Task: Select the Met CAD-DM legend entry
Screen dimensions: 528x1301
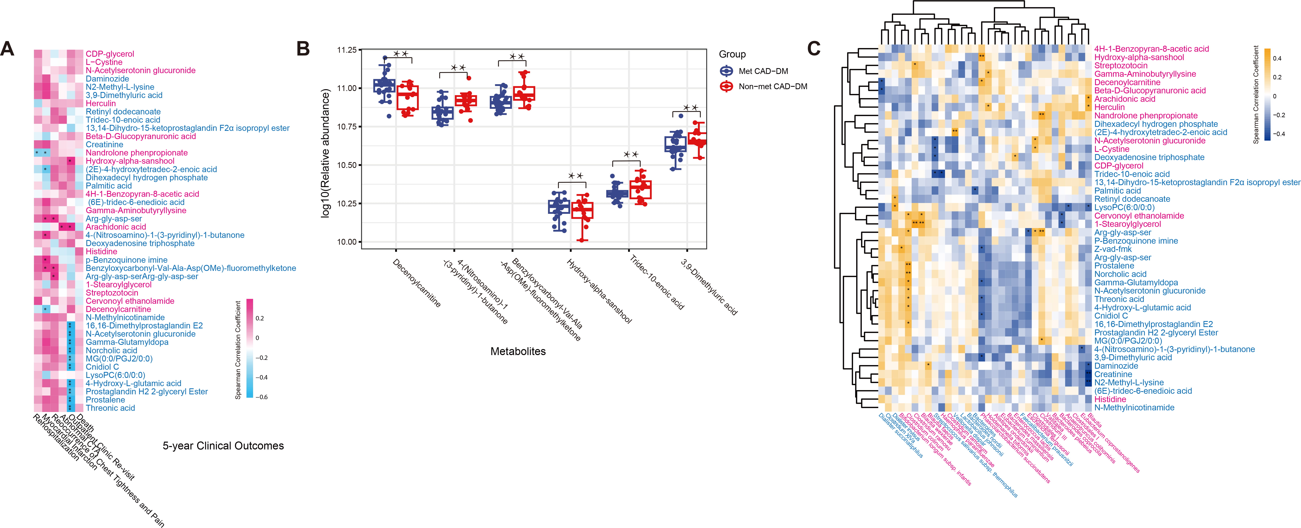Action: point(763,71)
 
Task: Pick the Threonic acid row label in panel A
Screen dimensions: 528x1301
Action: point(110,408)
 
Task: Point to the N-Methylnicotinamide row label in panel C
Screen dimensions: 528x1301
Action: point(1134,407)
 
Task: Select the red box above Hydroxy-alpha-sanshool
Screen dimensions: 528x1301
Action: point(582,210)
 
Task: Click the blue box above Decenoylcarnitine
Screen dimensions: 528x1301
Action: point(384,85)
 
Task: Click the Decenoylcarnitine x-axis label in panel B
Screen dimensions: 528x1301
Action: point(417,283)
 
